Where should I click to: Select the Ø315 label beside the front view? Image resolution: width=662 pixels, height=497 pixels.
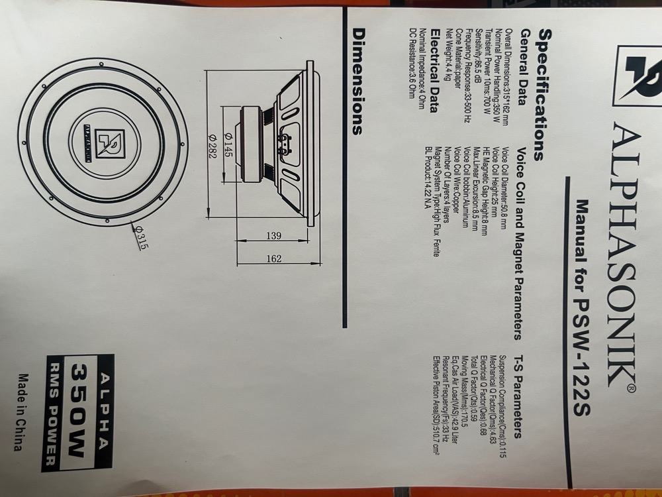point(140,237)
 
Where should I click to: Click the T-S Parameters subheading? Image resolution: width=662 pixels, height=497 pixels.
point(516,390)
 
